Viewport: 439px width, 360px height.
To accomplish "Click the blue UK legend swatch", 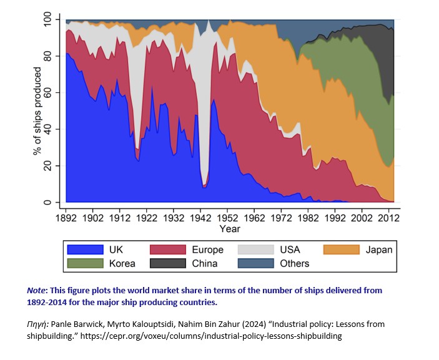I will (86, 250).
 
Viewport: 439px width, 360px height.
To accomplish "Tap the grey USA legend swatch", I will (255, 250).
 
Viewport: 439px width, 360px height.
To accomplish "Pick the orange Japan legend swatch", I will (341, 250).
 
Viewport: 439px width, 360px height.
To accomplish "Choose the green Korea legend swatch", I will (86, 263).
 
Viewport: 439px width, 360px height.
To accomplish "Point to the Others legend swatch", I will (255, 263).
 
